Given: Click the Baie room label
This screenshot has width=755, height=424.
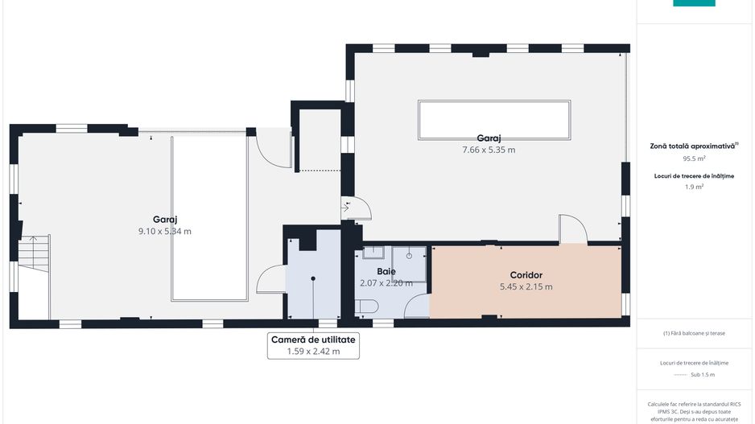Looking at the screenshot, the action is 386,271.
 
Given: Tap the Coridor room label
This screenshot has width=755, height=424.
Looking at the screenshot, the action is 526,275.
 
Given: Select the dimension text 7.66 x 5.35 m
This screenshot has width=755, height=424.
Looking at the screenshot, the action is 489,150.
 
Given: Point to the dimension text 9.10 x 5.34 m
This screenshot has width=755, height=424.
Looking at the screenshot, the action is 165,231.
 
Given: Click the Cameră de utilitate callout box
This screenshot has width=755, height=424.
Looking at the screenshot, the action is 313,345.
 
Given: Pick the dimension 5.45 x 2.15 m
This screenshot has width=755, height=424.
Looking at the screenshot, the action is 526,287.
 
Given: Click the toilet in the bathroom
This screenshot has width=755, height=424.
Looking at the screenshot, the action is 366,306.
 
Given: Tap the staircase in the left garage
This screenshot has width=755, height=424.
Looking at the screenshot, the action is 35,254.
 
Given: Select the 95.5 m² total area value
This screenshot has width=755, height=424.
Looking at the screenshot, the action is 694,158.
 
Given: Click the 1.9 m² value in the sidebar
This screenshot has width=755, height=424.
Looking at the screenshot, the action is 694,187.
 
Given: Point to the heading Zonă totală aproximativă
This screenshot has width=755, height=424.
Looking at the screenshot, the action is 693,146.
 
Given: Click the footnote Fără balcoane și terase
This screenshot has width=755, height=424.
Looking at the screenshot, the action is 694,333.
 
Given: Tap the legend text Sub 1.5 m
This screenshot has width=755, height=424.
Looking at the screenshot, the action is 703,374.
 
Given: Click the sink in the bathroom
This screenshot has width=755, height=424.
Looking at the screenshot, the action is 373,252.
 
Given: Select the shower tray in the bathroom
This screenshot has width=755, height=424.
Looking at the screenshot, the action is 409,264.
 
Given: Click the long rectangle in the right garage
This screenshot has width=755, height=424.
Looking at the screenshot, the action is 494,120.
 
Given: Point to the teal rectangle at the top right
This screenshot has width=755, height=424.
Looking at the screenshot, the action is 694,3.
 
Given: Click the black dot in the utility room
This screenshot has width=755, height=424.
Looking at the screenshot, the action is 313,278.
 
